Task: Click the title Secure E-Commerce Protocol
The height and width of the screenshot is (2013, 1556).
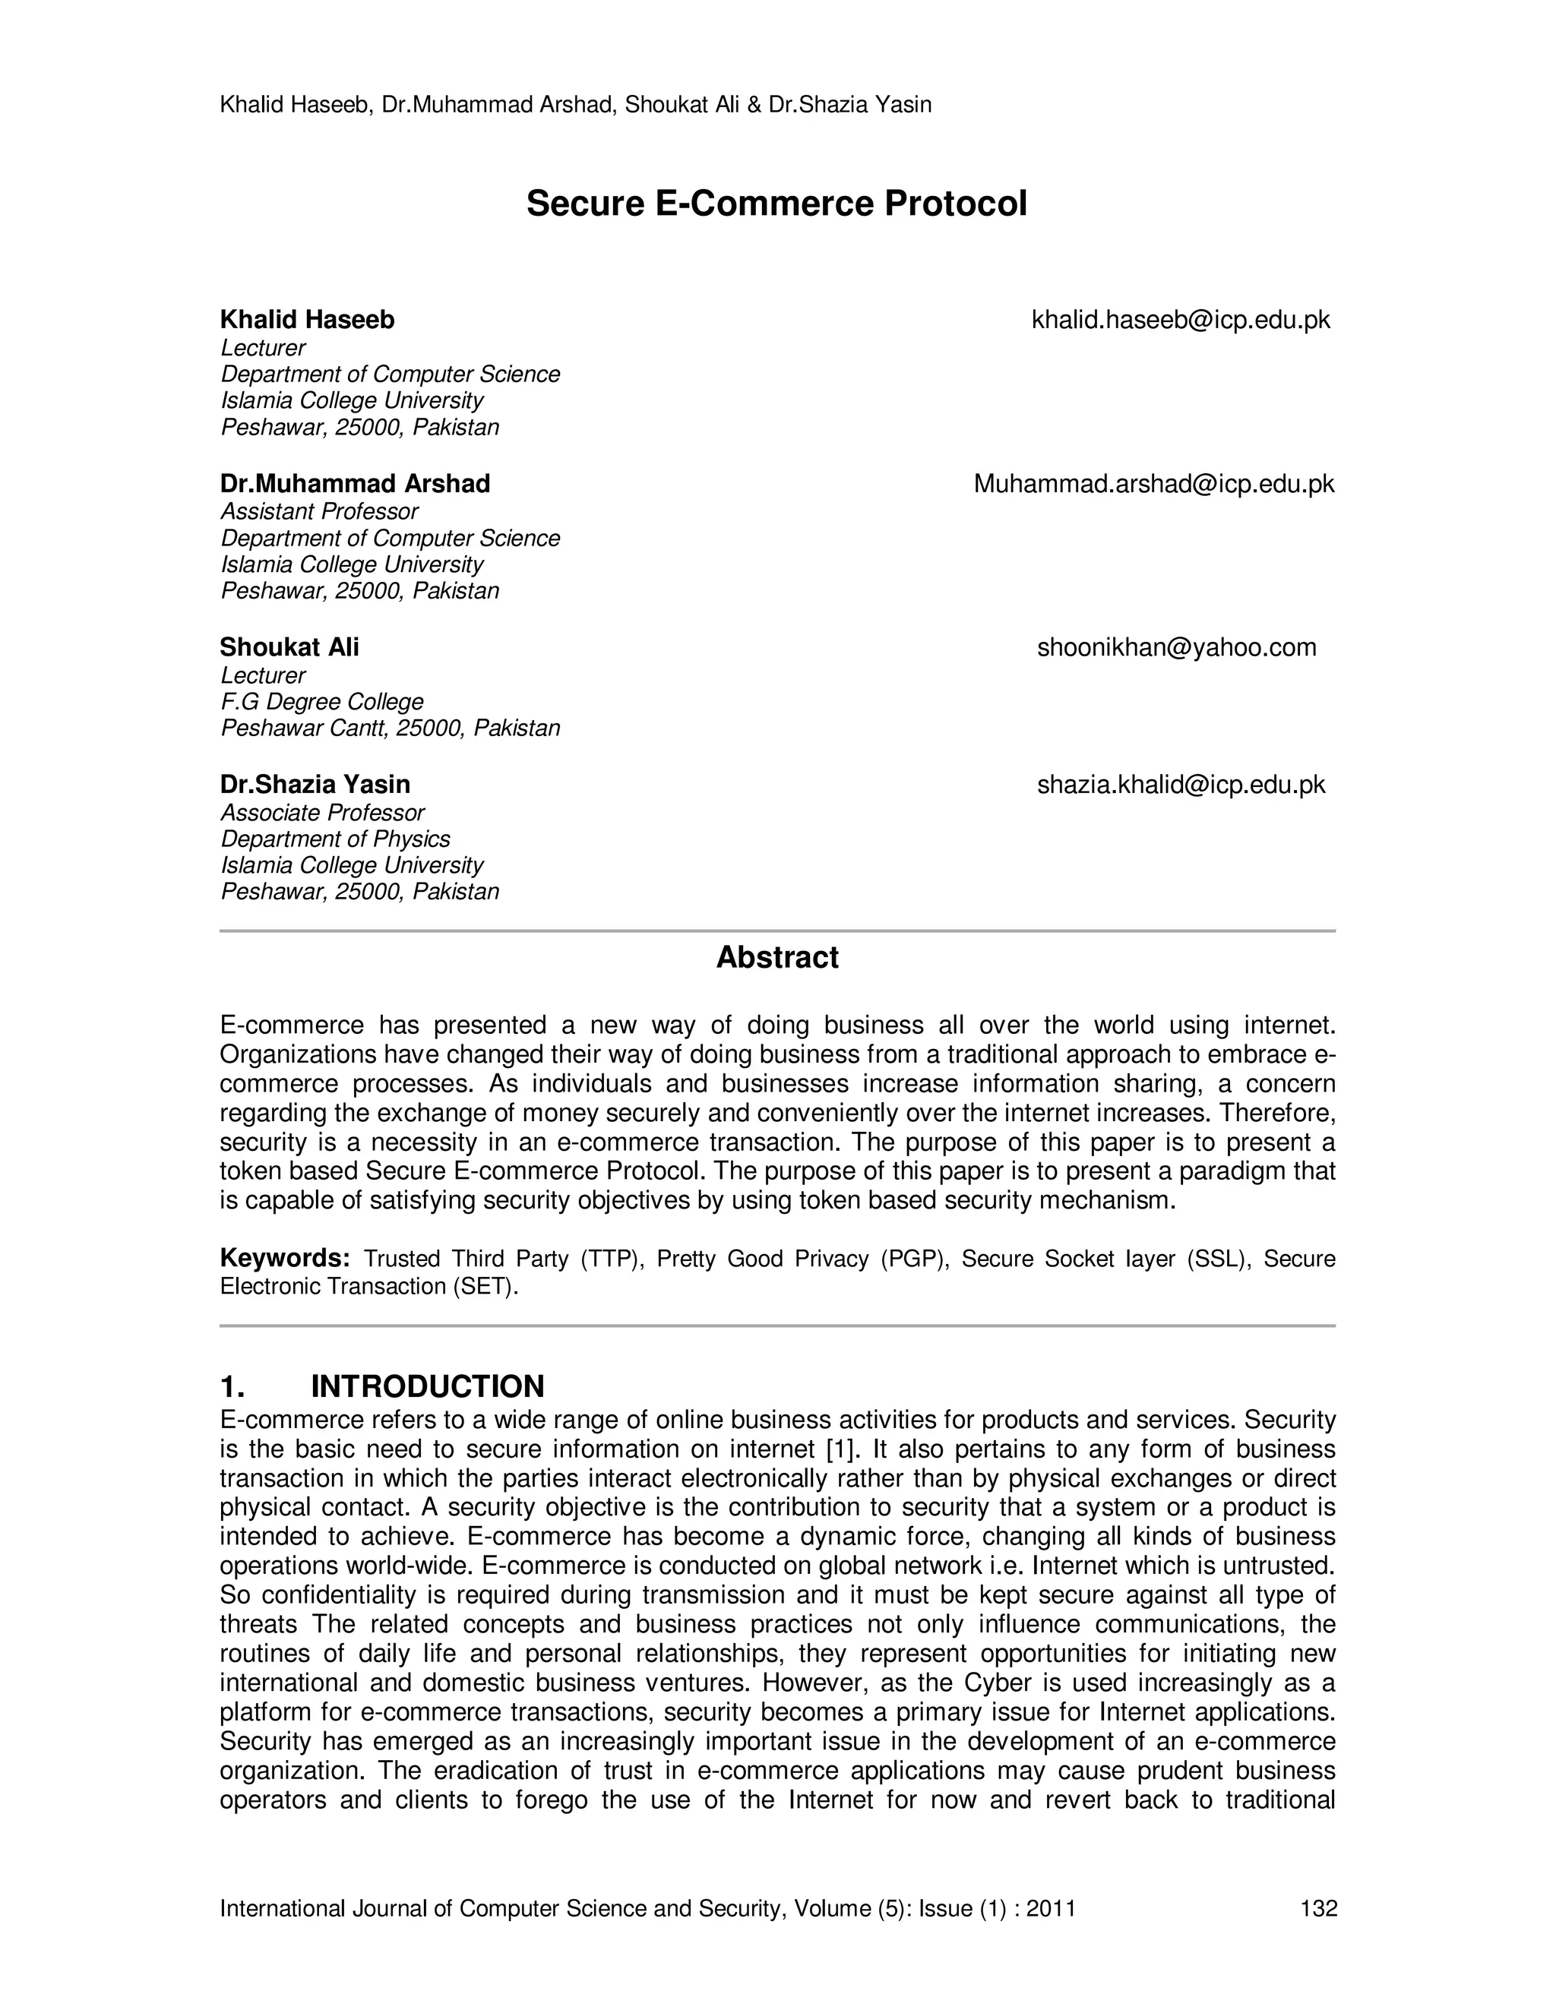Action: [x=776, y=204]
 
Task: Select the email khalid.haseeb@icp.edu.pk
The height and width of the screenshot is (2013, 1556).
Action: [x=1181, y=320]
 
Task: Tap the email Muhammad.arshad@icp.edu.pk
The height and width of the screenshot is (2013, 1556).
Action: [x=1154, y=484]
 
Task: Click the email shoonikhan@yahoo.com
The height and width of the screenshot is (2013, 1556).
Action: [x=1177, y=648]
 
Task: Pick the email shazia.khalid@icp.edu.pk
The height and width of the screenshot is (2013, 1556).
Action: [x=1181, y=785]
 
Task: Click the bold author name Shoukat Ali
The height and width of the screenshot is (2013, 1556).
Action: [x=289, y=648]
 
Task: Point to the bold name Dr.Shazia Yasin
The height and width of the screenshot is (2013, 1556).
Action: [x=315, y=785]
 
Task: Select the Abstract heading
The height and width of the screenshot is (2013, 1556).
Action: [x=777, y=958]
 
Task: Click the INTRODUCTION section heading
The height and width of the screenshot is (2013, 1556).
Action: [x=428, y=1386]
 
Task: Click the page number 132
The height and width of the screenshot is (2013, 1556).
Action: [x=1318, y=1908]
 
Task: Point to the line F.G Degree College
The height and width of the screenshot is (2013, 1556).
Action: [x=321, y=703]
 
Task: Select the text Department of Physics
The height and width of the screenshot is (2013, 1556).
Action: [x=336, y=839]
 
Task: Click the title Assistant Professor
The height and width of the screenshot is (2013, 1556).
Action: [x=319, y=511]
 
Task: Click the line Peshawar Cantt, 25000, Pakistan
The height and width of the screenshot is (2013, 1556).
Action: [x=390, y=728]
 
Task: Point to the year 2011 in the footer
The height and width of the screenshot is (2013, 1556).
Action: [x=1051, y=1908]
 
